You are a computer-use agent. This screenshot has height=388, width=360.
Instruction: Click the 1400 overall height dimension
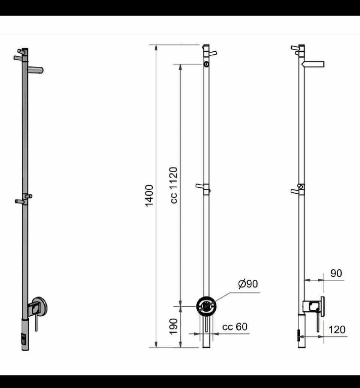(149, 195)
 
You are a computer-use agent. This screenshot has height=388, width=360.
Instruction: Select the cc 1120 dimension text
(174, 185)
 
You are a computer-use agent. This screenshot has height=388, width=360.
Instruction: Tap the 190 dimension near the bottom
(174, 326)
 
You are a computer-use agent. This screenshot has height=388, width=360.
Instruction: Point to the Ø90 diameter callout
(248, 284)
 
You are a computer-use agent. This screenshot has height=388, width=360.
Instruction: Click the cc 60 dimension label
(235, 327)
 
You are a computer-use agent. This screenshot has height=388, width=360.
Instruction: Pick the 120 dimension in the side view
(337, 330)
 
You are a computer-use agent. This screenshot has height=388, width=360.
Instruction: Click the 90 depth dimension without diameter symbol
(336, 273)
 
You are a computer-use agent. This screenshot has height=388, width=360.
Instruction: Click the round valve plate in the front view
(206, 306)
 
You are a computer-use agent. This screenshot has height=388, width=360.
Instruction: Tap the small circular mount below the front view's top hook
(206, 64)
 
